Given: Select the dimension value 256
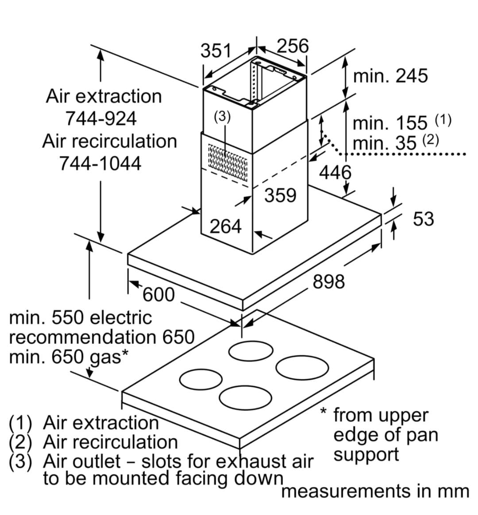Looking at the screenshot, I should pos(292,46).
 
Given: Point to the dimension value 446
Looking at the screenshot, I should pos(335,173).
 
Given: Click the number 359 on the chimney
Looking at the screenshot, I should pos(280,195).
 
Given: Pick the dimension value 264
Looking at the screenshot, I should pos(226,227).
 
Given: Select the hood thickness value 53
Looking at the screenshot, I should pos(424,219).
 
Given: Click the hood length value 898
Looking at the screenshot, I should pos(328,281).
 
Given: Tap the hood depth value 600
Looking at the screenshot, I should pos(158,295).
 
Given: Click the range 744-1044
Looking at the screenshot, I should pos(100,163).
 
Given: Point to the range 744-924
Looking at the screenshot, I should pos(101,119).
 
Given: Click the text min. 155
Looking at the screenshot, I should pos(390,123).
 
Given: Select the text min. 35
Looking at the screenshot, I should pos(385,143).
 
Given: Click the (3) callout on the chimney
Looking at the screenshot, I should pos(222,116).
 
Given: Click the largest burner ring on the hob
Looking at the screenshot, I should pos(302,367).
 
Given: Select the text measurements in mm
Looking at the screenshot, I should pos(374,492).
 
